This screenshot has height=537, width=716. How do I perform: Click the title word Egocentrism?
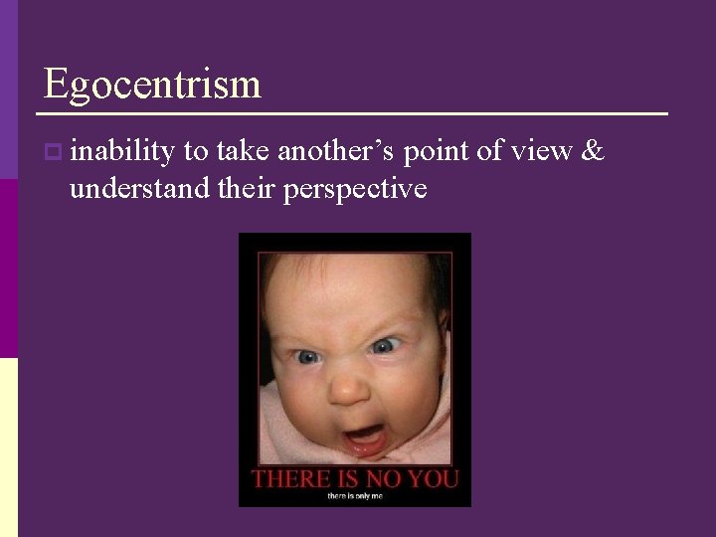152,84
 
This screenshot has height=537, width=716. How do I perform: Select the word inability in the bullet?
122,151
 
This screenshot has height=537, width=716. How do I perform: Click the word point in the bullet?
439,151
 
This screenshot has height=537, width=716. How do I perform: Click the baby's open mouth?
365,437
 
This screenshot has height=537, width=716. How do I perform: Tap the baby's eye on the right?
385,346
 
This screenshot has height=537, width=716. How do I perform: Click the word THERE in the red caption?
290,478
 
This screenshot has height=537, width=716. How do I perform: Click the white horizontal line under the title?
355,113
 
